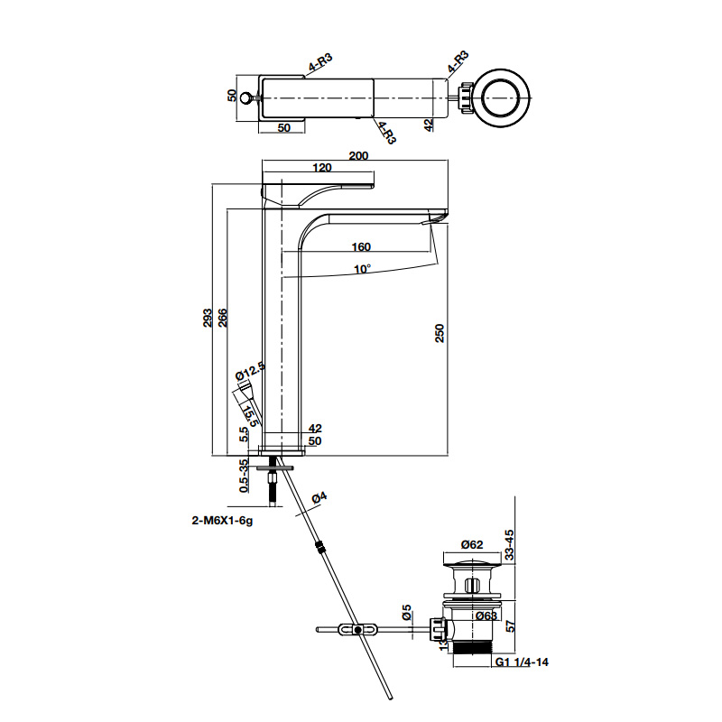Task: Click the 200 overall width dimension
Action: [x=358, y=155]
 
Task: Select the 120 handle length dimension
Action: [x=322, y=168]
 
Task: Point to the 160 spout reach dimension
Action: [x=361, y=246]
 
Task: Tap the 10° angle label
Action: [x=362, y=269]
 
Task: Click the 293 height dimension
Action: [x=207, y=318]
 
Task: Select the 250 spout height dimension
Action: [x=440, y=334]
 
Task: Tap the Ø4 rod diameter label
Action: [x=319, y=498]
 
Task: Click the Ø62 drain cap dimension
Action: [x=473, y=544]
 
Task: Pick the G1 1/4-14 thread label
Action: [x=522, y=662]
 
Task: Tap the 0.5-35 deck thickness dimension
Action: [x=243, y=476]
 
